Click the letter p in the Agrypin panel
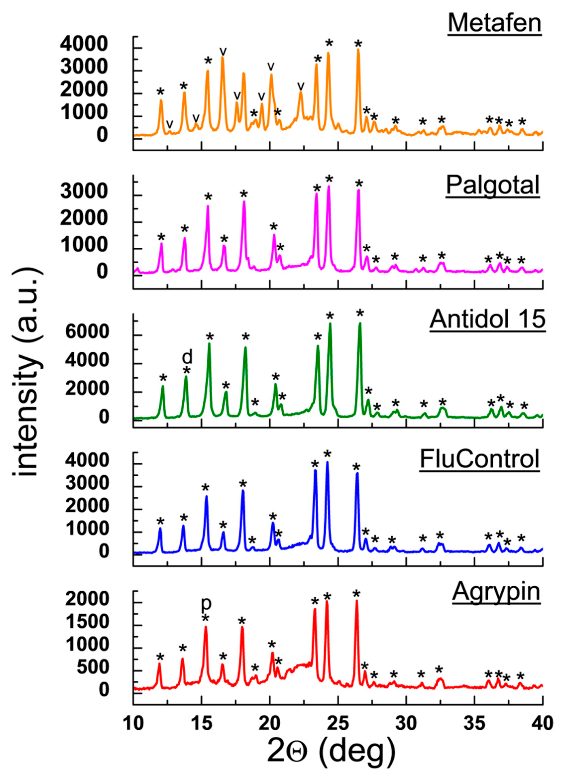[206, 603]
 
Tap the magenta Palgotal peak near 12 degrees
[161, 244]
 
